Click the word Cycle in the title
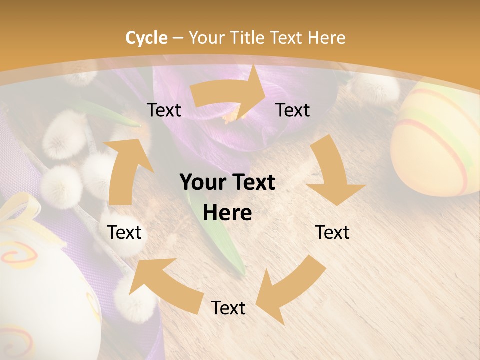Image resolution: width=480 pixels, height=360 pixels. click(146, 38)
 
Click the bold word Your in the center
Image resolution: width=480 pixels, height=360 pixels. click(199, 183)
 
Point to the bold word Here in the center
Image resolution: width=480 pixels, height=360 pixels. click(227, 213)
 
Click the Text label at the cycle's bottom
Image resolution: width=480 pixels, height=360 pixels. click(228, 308)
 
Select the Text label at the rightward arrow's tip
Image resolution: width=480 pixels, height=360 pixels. click(293, 110)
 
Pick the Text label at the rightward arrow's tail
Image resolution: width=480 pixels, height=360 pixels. click(164, 110)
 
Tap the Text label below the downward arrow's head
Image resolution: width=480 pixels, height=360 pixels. click(332, 232)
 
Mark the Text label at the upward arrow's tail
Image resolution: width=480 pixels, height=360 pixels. click(124, 232)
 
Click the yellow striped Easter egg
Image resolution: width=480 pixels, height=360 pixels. click(435, 140)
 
